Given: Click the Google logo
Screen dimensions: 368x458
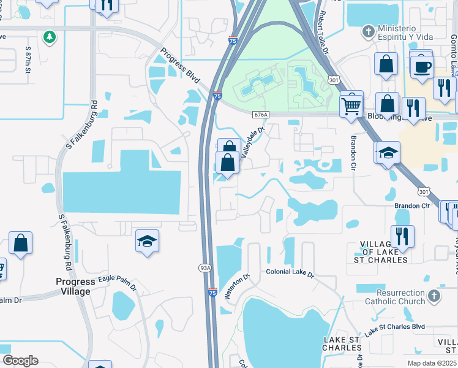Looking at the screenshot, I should tap(20, 361).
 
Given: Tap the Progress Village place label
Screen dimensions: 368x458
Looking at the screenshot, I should tap(71, 286).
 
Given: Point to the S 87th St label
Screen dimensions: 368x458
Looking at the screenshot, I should tap(28, 56).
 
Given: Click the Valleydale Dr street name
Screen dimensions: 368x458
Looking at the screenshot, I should tap(252, 142).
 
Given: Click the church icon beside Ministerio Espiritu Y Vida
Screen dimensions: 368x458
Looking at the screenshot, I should tap(368, 29).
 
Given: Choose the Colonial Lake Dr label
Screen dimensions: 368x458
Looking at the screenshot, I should tap(289, 272).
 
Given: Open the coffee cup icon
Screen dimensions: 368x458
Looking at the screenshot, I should tap(421, 66).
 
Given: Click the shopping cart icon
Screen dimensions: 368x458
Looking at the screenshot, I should tap(351, 105).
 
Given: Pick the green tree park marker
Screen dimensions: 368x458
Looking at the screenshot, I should tap(49, 37).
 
